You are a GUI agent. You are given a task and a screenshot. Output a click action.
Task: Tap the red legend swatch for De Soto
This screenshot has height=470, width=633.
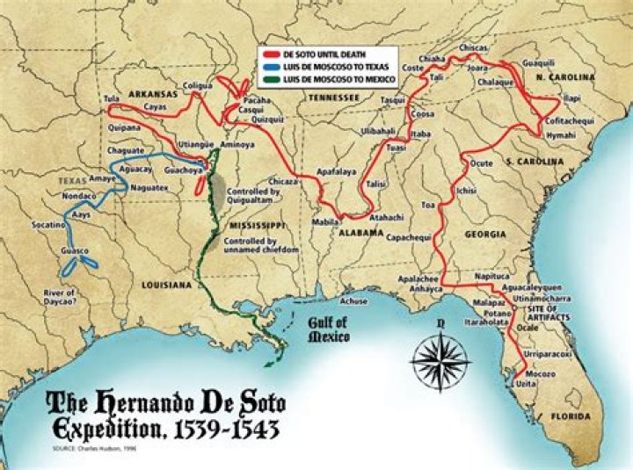click(269, 53)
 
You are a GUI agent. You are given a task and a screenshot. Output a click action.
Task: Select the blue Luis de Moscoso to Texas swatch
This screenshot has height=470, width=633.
click(269, 66)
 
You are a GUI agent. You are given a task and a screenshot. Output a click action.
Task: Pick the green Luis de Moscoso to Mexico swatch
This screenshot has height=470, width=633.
click(269, 79)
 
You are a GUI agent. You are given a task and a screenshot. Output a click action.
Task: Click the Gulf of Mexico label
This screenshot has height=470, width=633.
click(327, 329)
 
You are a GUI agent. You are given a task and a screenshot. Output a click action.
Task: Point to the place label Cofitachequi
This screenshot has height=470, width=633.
click(569, 119)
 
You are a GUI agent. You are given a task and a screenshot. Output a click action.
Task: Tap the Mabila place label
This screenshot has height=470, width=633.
click(325, 222)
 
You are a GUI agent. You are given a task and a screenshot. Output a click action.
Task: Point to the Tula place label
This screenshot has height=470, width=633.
click(111, 98)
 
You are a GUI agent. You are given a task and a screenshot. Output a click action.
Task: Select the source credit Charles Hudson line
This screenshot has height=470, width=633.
click(89, 448)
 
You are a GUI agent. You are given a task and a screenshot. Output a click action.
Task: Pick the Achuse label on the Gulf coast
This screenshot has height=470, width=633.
click(357, 300)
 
